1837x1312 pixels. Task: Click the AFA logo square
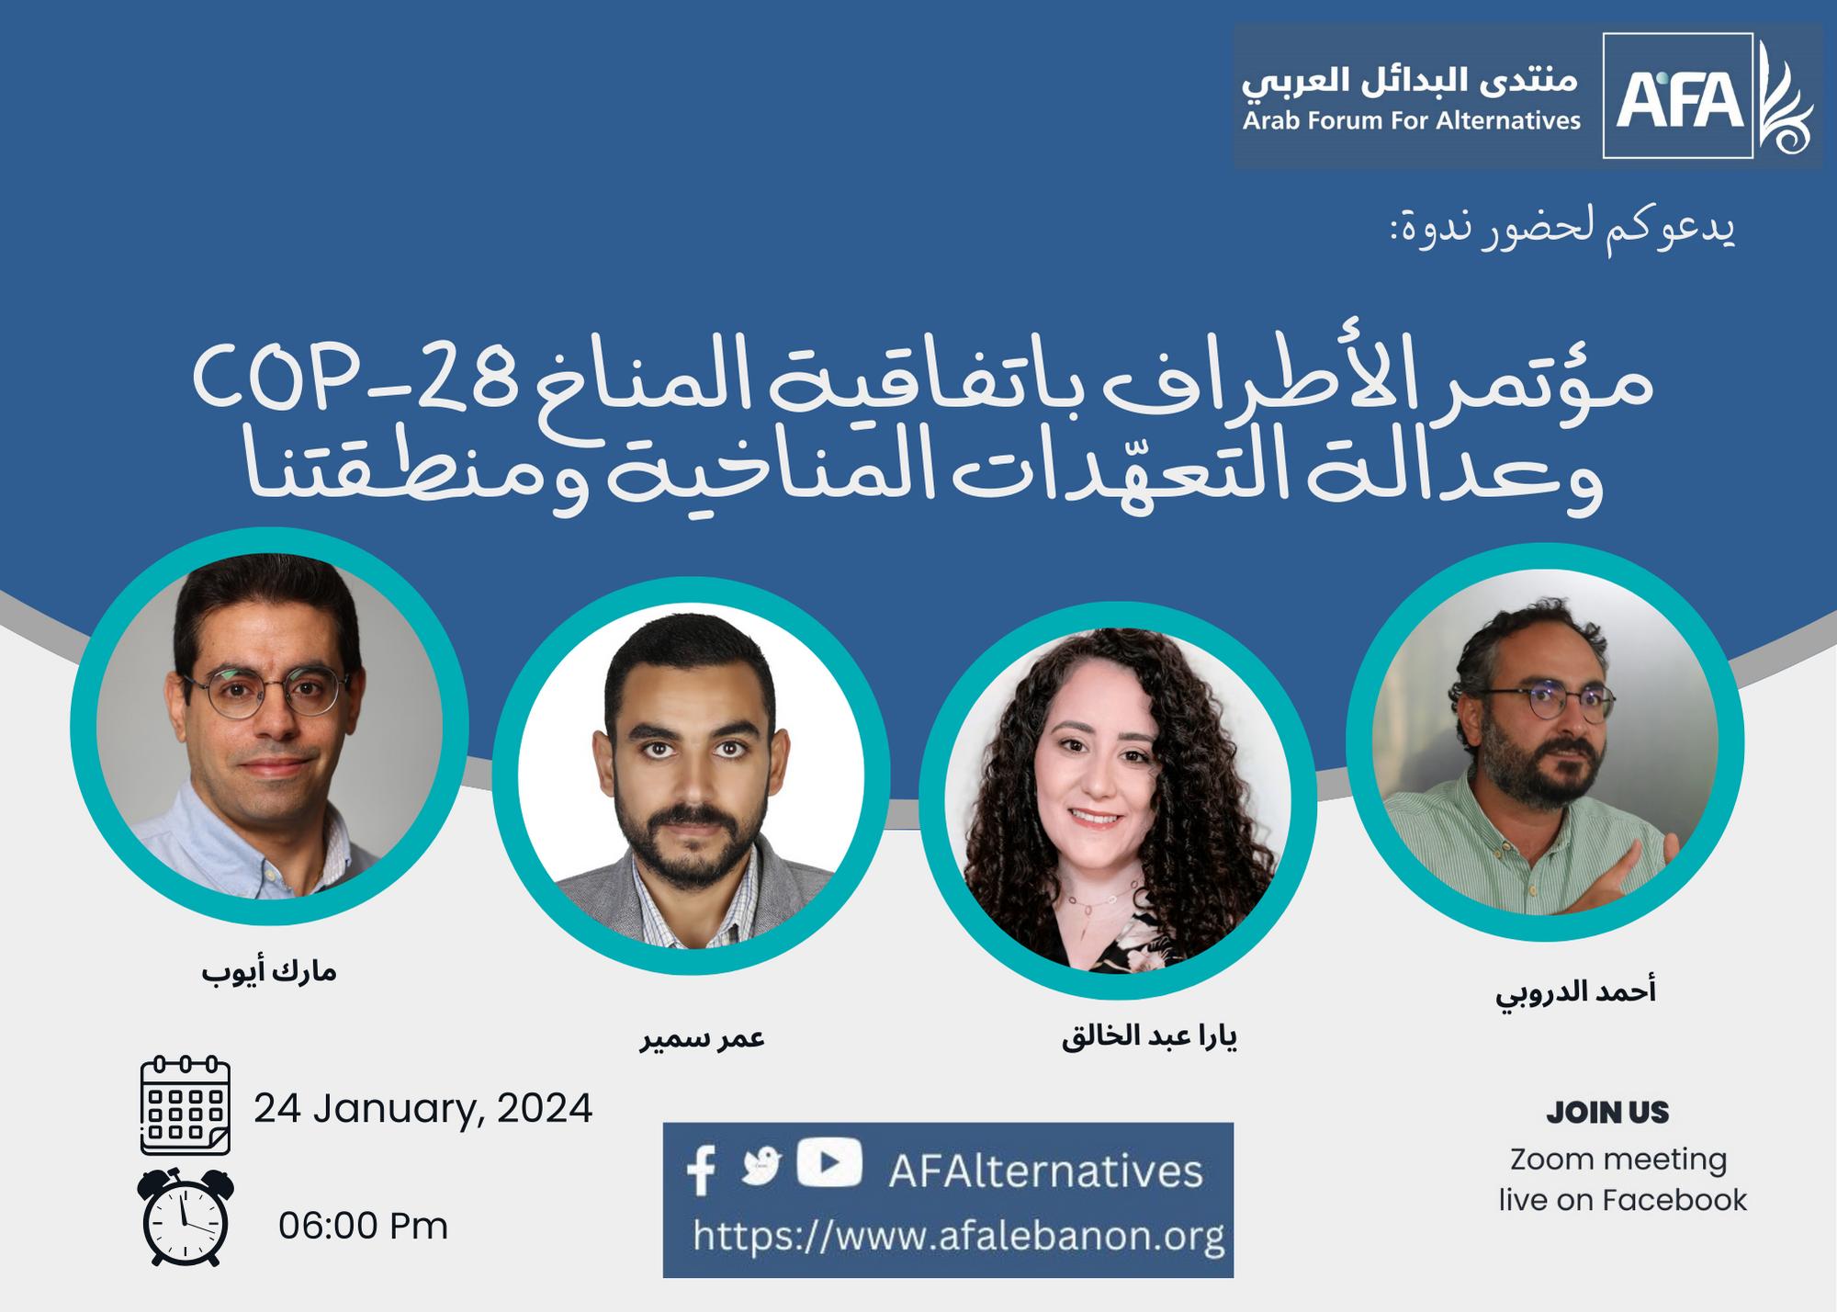click(x=1677, y=96)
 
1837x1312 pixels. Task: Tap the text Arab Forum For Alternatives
click(x=1412, y=120)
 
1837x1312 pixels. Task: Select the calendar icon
click(x=186, y=1105)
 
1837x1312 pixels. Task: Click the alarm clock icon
click(x=186, y=1217)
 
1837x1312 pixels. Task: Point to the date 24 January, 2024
click(x=423, y=1109)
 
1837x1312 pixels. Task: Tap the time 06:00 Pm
click(x=364, y=1227)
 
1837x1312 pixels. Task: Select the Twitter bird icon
click(x=761, y=1166)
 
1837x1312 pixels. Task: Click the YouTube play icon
click(x=828, y=1162)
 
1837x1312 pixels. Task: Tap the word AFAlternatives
click(x=1045, y=1171)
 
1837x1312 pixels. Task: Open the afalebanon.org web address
click(x=959, y=1236)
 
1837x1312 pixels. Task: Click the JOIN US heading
click(x=1607, y=1113)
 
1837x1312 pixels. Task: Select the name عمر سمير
click(x=703, y=1038)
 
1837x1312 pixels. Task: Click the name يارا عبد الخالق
click(x=1149, y=1037)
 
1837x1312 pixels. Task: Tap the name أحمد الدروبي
click(x=1576, y=994)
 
